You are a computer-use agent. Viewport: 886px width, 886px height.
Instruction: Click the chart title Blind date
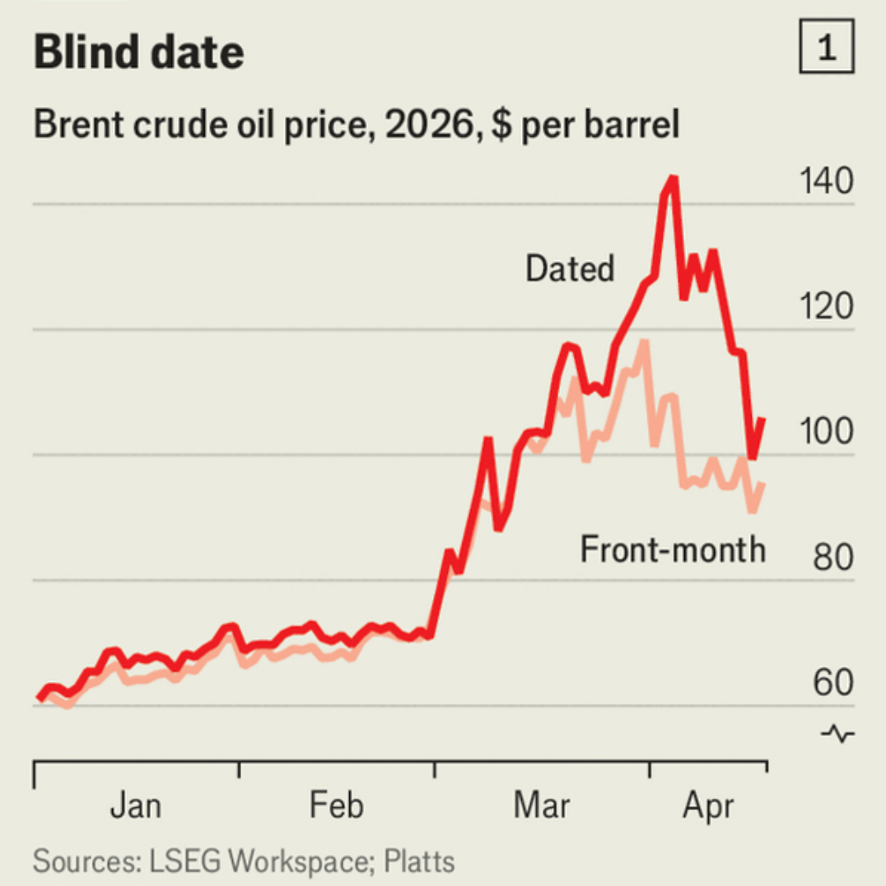[x=138, y=53]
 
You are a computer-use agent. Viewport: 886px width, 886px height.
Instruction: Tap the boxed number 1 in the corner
[x=827, y=49]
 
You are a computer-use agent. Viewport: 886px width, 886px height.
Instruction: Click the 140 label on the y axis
[x=827, y=183]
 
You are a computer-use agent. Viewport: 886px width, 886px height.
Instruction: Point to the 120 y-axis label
[x=827, y=308]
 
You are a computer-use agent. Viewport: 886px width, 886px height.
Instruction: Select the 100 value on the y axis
[x=827, y=433]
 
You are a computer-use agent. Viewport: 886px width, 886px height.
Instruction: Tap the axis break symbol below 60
[x=838, y=733]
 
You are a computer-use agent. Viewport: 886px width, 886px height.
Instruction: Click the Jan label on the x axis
[x=135, y=805]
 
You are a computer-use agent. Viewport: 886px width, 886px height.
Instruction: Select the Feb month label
[x=336, y=805]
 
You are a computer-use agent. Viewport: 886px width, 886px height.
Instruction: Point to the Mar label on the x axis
[x=541, y=805]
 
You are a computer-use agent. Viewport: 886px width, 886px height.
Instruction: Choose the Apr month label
[x=707, y=805]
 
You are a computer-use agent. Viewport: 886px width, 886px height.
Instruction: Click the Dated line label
[x=570, y=268]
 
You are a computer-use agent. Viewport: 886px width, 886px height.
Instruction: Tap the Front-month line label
[x=673, y=549]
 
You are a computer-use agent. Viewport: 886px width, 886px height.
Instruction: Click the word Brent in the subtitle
[x=73, y=126]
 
